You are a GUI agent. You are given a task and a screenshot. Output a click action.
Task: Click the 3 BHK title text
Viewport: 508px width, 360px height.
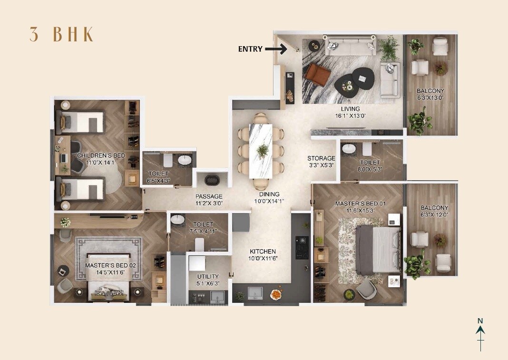(x=61, y=35)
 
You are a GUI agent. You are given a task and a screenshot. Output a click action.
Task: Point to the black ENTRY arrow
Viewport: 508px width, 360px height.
(x=275, y=49)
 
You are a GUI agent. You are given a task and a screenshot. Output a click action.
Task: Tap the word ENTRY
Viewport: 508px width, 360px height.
(x=250, y=49)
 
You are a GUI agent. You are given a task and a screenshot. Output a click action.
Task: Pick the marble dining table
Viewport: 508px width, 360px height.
(x=261, y=151)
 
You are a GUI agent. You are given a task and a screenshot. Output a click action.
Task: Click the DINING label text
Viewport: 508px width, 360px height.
(x=269, y=194)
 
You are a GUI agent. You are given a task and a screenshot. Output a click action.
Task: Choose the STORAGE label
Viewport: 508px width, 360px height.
(x=321, y=158)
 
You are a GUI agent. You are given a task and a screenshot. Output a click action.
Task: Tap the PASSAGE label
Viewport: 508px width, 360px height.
(x=209, y=196)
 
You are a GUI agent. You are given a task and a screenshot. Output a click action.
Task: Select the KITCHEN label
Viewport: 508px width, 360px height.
(x=263, y=252)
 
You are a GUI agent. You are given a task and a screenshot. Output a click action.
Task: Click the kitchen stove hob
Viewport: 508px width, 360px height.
(x=302, y=247)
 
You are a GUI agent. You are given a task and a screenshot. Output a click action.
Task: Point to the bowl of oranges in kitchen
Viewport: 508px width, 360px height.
(x=275, y=295)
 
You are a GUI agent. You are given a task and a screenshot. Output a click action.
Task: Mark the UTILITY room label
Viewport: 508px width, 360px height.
(x=208, y=276)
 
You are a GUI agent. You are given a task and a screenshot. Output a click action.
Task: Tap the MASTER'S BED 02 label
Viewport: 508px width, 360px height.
(x=106, y=265)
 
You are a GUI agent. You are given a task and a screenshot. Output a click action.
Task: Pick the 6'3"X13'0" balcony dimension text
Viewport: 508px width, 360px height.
(x=430, y=98)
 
